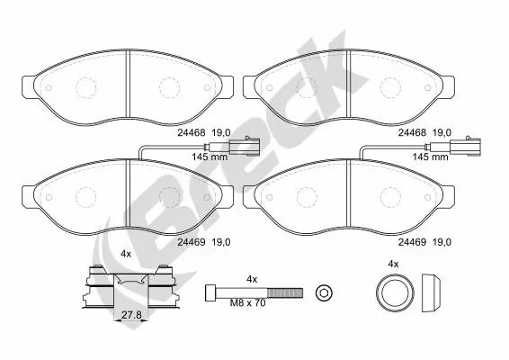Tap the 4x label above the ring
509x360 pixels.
click(x=392, y=263)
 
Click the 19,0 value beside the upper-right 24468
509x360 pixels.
click(x=442, y=131)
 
